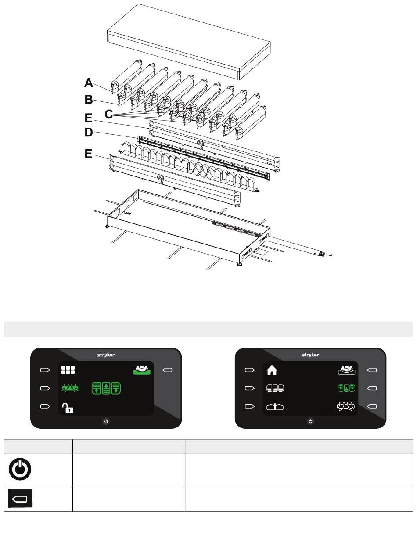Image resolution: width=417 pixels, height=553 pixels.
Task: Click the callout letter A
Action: [89, 83]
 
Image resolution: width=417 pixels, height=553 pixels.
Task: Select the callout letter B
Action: [89, 100]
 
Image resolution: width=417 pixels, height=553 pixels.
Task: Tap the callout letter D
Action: [89, 132]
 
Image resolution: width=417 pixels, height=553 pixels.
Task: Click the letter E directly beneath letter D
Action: [89, 154]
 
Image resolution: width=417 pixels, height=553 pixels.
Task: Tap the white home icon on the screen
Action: [272, 370]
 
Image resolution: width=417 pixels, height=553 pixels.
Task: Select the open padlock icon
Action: [68, 408]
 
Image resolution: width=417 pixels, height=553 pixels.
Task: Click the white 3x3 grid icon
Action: [68, 370]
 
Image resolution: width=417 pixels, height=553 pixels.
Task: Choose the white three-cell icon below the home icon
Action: [275, 388]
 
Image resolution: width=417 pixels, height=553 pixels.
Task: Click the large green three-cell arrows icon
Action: [106, 388]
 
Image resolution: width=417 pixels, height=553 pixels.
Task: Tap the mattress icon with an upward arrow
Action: [275, 407]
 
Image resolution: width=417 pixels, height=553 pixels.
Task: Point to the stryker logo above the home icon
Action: [310, 355]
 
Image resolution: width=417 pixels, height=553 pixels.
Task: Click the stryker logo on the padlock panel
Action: [106, 355]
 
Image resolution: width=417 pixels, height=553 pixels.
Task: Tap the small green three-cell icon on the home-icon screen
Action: [346, 388]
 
